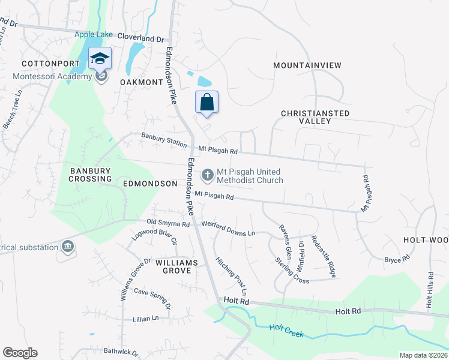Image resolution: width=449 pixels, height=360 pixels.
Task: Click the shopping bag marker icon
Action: click(206, 101)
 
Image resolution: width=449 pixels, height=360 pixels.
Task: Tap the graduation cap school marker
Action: click(100, 58)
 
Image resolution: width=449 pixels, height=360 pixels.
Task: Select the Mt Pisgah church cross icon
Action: click(207, 175)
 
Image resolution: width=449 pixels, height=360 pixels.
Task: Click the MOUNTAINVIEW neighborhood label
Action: click(307, 65)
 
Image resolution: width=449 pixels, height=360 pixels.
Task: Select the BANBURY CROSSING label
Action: click(90, 175)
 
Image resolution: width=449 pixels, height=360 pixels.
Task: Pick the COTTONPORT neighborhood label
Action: click(42, 64)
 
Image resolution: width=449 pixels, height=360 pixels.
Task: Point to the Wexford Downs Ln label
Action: click(228, 226)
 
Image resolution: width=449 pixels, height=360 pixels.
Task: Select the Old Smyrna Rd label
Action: click(164, 223)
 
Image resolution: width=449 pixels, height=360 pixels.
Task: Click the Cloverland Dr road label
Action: click(140, 37)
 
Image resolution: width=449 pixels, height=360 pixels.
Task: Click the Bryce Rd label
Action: click(397, 259)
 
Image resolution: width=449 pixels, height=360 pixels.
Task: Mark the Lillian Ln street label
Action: click(146, 318)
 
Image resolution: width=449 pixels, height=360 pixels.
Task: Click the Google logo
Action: click(20, 353)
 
